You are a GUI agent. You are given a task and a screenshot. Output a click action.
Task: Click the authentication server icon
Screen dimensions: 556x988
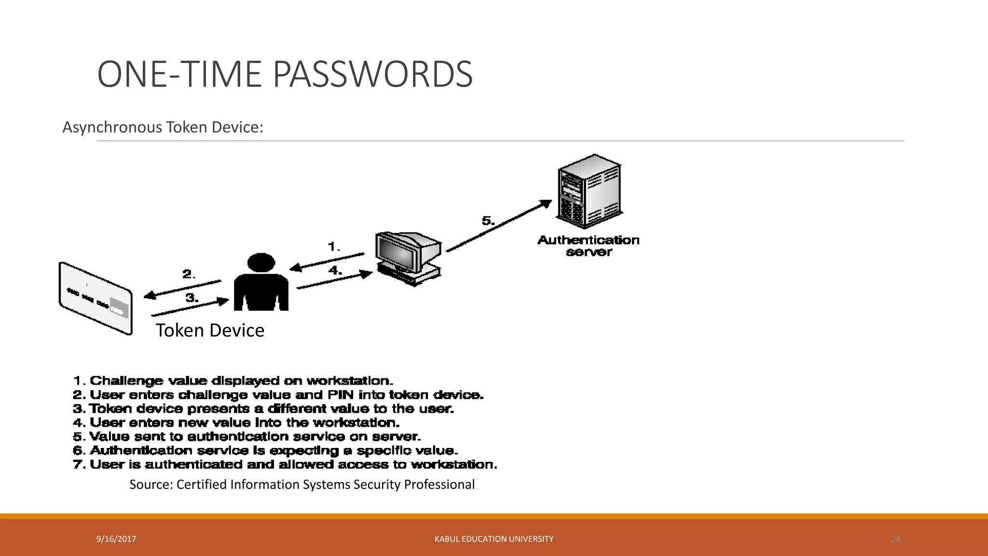pos(589,192)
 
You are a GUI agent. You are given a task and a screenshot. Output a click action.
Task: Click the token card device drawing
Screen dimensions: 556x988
pos(96,298)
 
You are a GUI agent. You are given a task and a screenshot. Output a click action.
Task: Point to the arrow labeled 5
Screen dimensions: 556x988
pos(499,226)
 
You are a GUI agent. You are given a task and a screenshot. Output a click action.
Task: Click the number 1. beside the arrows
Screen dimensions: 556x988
pos(334,247)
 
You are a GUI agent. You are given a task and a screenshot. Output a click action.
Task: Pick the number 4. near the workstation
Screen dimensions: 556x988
pos(335,270)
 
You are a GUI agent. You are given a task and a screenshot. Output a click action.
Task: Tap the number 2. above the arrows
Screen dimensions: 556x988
pos(189,274)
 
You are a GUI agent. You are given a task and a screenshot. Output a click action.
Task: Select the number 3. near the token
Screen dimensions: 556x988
pos(192,298)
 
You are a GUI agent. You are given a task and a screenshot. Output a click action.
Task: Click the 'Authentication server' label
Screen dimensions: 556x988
pos(589,246)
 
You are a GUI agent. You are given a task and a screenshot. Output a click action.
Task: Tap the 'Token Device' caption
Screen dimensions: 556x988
pos(210,331)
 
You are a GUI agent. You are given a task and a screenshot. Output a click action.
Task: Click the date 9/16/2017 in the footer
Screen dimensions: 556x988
pos(116,539)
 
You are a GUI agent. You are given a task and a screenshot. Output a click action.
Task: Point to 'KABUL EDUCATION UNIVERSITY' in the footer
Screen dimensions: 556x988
pos(494,539)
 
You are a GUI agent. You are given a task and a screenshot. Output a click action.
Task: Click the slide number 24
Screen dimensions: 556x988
pos(895,539)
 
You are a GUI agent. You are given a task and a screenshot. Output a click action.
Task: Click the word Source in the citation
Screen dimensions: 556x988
pos(151,485)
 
